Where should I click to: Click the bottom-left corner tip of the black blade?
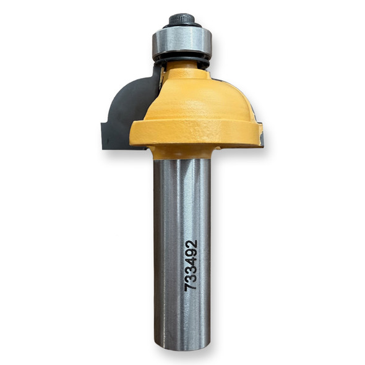[x=103, y=147]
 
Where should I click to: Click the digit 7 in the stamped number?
[x=191, y=286]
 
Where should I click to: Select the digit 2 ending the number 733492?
[x=191, y=245]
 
